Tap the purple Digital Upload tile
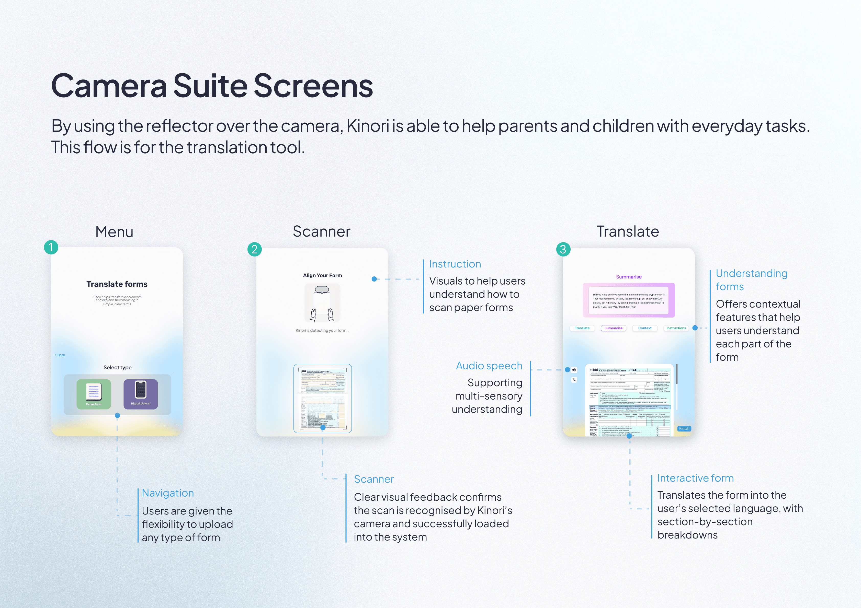pyautogui.click(x=141, y=394)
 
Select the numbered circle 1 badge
pyautogui.click(x=51, y=247)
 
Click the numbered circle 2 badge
pyautogui.click(x=255, y=249)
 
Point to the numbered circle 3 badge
pyautogui.click(x=563, y=249)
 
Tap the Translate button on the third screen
pyautogui.click(x=582, y=328)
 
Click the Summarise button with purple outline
pyautogui.click(x=614, y=328)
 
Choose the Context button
pyautogui.click(x=645, y=328)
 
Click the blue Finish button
pyautogui.click(x=684, y=428)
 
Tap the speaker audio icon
pyautogui.click(x=574, y=370)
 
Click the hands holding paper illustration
pyautogui.click(x=322, y=303)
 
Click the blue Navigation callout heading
pyautogui.click(x=168, y=493)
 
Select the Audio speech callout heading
pyautogui.click(x=489, y=366)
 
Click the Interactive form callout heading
pyautogui.click(x=695, y=478)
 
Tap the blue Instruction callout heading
pyautogui.click(x=455, y=264)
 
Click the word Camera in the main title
pyautogui.click(x=109, y=86)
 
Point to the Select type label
pyautogui.click(x=117, y=368)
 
